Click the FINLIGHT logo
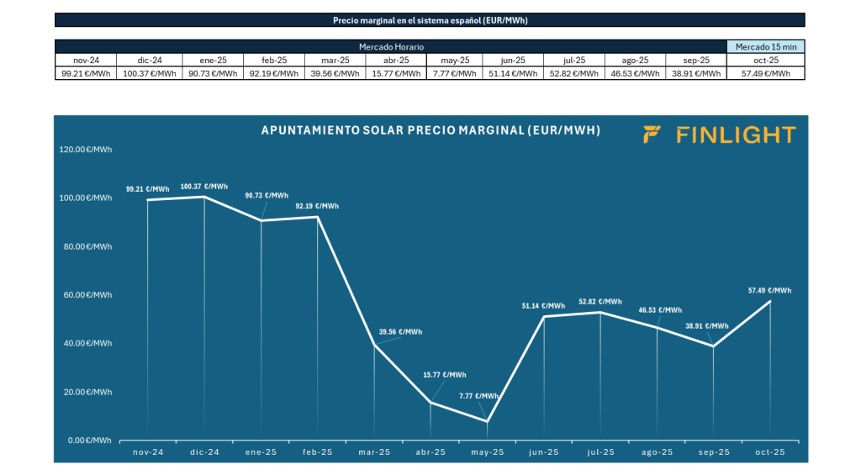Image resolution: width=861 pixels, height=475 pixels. (719, 135)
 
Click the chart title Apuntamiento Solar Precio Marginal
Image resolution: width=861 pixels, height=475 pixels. (430, 130)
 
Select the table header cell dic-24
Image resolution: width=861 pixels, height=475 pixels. (149, 60)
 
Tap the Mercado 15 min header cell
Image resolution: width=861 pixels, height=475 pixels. (765, 46)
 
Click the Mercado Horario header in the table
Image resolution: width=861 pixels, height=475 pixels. (391, 46)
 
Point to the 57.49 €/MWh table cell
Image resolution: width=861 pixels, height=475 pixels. (765, 73)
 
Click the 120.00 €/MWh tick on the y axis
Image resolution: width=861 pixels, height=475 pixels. (85, 150)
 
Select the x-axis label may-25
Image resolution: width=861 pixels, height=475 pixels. (488, 452)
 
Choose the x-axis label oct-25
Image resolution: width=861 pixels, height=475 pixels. (770, 452)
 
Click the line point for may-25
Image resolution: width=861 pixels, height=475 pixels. (488, 421)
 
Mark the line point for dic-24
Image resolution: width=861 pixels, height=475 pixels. (205, 197)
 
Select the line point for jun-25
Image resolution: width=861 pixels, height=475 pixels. (544, 316)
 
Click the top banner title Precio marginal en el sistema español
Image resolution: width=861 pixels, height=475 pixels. (430, 19)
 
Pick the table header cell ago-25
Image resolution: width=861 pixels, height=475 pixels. (634, 60)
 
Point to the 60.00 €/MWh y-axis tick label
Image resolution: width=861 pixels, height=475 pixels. (85, 295)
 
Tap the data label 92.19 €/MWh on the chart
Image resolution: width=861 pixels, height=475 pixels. (317, 206)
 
